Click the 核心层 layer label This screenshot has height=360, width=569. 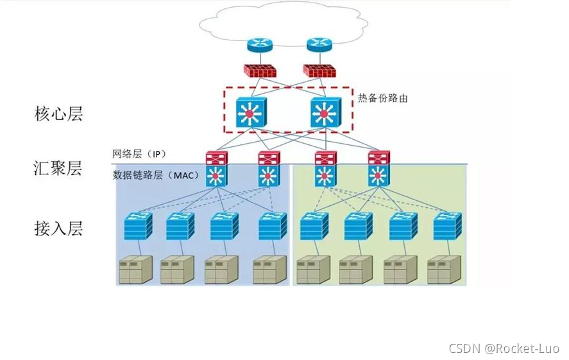(x=58, y=114)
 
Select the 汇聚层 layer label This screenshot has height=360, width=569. (x=58, y=169)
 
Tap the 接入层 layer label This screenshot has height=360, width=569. (x=58, y=227)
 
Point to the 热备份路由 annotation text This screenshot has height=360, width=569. (x=382, y=98)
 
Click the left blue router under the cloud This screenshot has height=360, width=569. (x=260, y=45)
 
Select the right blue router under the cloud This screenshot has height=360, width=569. (x=318, y=45)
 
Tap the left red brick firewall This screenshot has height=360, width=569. (x=260, y=71)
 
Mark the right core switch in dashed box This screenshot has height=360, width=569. (x=324, y=113)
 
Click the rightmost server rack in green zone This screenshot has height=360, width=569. (x=444, y=270)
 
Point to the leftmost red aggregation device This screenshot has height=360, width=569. (x=216, y=158)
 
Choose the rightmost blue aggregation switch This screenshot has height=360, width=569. (x=378, y=175)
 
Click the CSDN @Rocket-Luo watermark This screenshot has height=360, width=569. (x=504, y=348)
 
